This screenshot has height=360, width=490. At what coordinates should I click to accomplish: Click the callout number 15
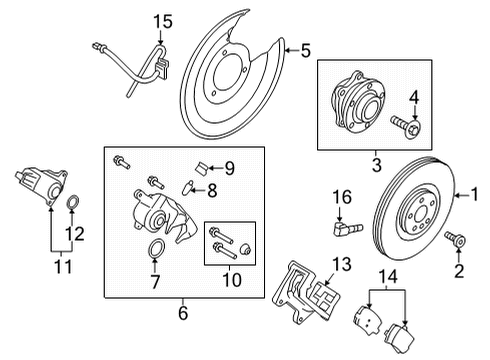162,20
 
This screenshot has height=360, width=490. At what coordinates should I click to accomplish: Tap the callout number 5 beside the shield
306,47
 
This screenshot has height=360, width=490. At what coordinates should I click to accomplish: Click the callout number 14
389,277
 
